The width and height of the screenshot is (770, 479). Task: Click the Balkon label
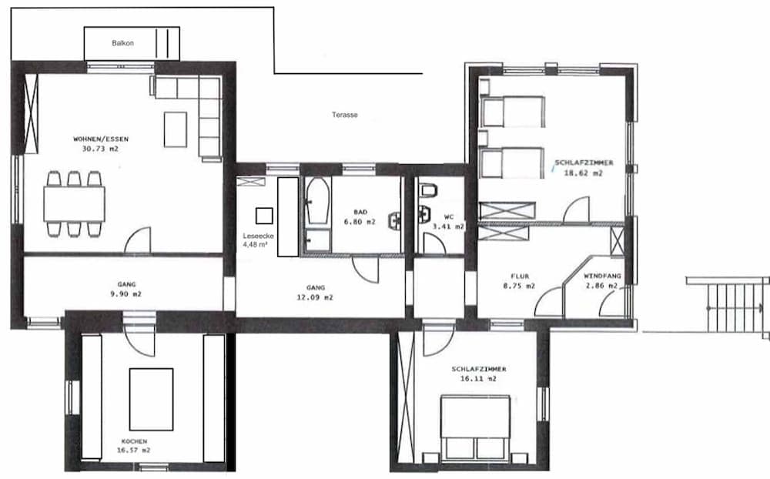pos(122,43)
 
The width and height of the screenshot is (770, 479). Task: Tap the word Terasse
pos(345,115)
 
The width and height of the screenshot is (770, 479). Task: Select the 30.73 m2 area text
pos(101,149)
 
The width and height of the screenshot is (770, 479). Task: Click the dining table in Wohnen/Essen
pos(74,204)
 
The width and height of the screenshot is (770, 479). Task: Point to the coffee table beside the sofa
pos(176,129)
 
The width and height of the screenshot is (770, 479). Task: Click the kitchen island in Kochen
pos(151,400)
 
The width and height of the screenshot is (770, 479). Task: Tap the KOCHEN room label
pos(134,441)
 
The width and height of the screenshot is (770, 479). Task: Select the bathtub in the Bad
pos(317,200)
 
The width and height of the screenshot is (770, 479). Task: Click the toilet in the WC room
pos(428,189)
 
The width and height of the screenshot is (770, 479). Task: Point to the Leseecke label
pos(258,236)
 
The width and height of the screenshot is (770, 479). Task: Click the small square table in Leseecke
pos(264,216)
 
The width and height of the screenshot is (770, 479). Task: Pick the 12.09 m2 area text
pos(315,297)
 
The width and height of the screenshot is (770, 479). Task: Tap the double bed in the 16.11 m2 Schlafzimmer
pos(475,427)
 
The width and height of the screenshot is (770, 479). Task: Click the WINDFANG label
pos(603,276)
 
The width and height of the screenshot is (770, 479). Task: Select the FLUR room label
pos(520,276)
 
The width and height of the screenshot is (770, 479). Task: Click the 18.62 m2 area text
pos(584,173)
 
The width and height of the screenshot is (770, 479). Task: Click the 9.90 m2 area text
pos(126,293)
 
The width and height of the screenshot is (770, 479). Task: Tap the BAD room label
pos(360,213)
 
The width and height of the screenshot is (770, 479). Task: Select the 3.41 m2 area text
pos(448,226)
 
